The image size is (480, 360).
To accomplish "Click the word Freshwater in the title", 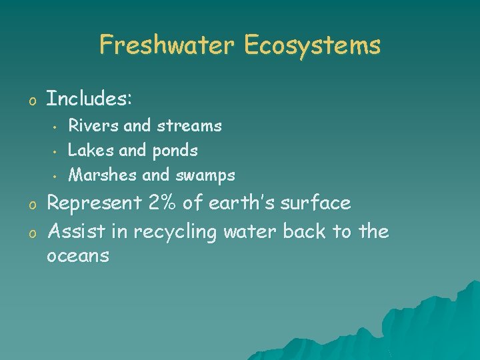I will tap(167, 45).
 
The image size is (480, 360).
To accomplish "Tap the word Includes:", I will tap(89, 100).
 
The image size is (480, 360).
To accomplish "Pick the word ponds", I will tap(175, 151).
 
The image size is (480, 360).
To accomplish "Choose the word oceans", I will tap(78, 256).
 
